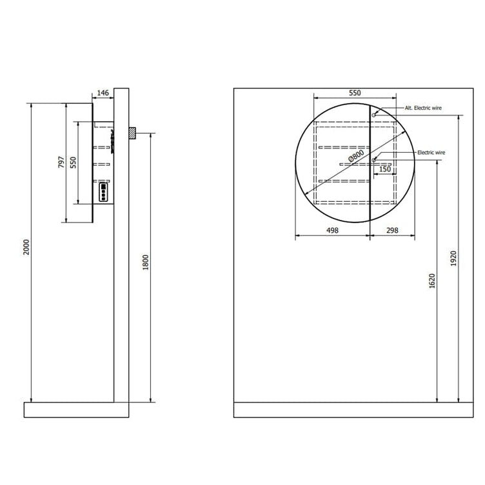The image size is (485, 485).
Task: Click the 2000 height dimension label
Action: coord(26,247)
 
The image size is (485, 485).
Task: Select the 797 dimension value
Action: coord(61,162)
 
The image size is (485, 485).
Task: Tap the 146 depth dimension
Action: coord(103,93)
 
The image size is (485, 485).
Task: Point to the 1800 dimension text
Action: coord(146,262)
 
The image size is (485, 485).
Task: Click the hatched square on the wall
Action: coord(132,133)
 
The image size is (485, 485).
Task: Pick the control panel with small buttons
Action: coord(103,192)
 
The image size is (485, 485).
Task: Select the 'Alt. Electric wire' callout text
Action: coord(423,108)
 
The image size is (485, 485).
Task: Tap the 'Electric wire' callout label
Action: coord(431,152)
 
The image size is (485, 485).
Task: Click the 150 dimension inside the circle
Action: coord(385,169)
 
